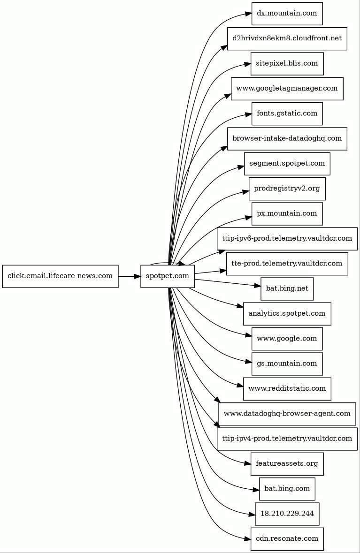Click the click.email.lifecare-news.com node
(60, 276)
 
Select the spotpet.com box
(168, 276)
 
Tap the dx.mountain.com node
(287, 14)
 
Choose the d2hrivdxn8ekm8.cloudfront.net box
(287, 38)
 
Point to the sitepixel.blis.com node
(287, 63)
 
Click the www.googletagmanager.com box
(287, 89)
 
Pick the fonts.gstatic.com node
(287, 114)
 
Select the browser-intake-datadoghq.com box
(287, 138)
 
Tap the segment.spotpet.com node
(287, 164)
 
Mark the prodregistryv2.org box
(287, 189)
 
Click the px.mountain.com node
(287, 213)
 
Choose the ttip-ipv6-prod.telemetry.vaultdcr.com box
(287, 239)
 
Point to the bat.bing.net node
(287, 288)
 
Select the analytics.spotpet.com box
(287, 314)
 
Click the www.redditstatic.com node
(287, 389)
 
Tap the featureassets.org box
(287, 464)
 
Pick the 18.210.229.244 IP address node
(287, 514)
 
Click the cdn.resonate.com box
(287, 539)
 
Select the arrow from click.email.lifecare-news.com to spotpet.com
(129, 276)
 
